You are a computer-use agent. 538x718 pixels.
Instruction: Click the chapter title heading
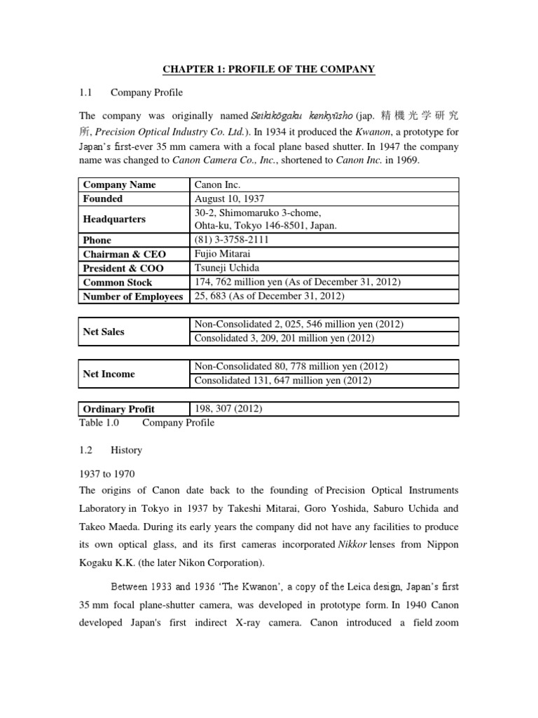pos(268,69)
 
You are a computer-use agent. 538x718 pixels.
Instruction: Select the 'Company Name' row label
pos(119,184)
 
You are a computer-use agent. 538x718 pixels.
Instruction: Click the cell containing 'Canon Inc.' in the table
pos(216,184)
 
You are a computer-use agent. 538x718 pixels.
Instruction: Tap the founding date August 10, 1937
pos(229,198)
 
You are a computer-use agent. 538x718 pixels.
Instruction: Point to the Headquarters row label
pos(114,219)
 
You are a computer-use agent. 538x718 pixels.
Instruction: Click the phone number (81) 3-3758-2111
pos(232,240)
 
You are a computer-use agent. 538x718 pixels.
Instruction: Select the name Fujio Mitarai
pos(223,254)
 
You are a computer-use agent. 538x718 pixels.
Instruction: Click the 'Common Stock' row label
pos(118,282)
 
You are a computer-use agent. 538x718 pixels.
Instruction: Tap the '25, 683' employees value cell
pos(270,296)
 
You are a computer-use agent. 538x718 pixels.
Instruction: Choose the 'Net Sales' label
pos(104,332)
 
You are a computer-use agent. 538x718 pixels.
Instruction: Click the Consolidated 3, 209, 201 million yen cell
pos(284,339)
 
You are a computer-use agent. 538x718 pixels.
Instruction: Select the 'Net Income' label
pos(109,374)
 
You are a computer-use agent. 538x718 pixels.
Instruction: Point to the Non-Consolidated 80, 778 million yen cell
pos(291,367)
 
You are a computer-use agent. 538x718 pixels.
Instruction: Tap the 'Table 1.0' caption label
pos(101,423)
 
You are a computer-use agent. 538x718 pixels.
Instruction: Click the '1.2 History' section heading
pos(112,450)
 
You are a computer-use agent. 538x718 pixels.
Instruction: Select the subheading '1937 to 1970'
pos(105,474)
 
